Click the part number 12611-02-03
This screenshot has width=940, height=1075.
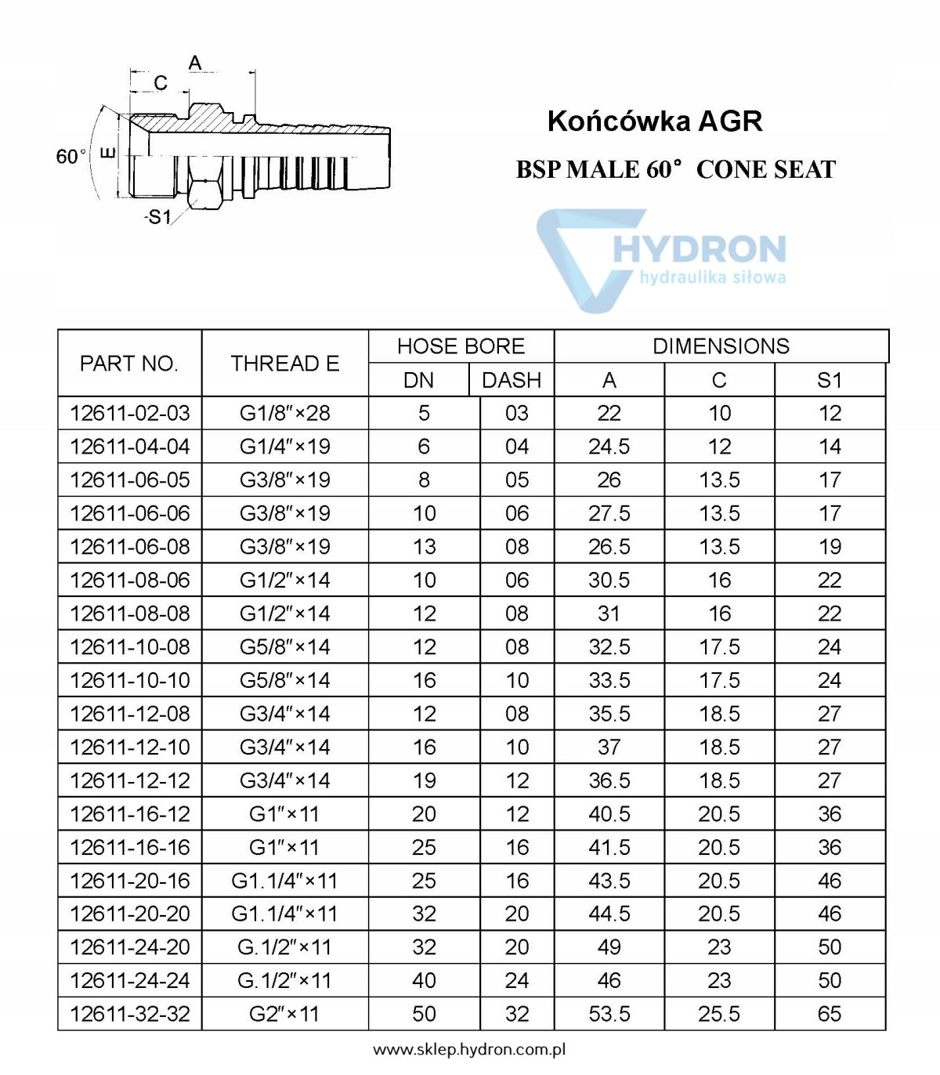130,413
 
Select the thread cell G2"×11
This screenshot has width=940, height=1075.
284,1014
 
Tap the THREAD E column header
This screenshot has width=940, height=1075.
284,364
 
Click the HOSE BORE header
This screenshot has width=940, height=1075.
461,346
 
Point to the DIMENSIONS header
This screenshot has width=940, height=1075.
721,346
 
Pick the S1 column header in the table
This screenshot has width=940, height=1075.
830,380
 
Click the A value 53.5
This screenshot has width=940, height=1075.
609,1014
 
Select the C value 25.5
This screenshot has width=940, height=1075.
719,1014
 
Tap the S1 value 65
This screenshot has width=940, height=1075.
830,1014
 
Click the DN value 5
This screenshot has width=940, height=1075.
424,413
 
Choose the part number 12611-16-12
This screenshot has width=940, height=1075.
130,814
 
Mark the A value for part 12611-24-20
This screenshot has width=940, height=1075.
609,947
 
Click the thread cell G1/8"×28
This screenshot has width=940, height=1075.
284,413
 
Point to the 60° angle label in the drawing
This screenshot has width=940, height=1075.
70,156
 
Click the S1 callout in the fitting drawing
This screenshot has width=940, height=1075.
159,217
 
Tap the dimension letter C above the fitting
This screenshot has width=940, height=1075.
161,83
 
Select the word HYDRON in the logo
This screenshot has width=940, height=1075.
699,249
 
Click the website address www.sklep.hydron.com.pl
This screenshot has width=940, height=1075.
469,1050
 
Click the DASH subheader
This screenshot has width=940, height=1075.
512,380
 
